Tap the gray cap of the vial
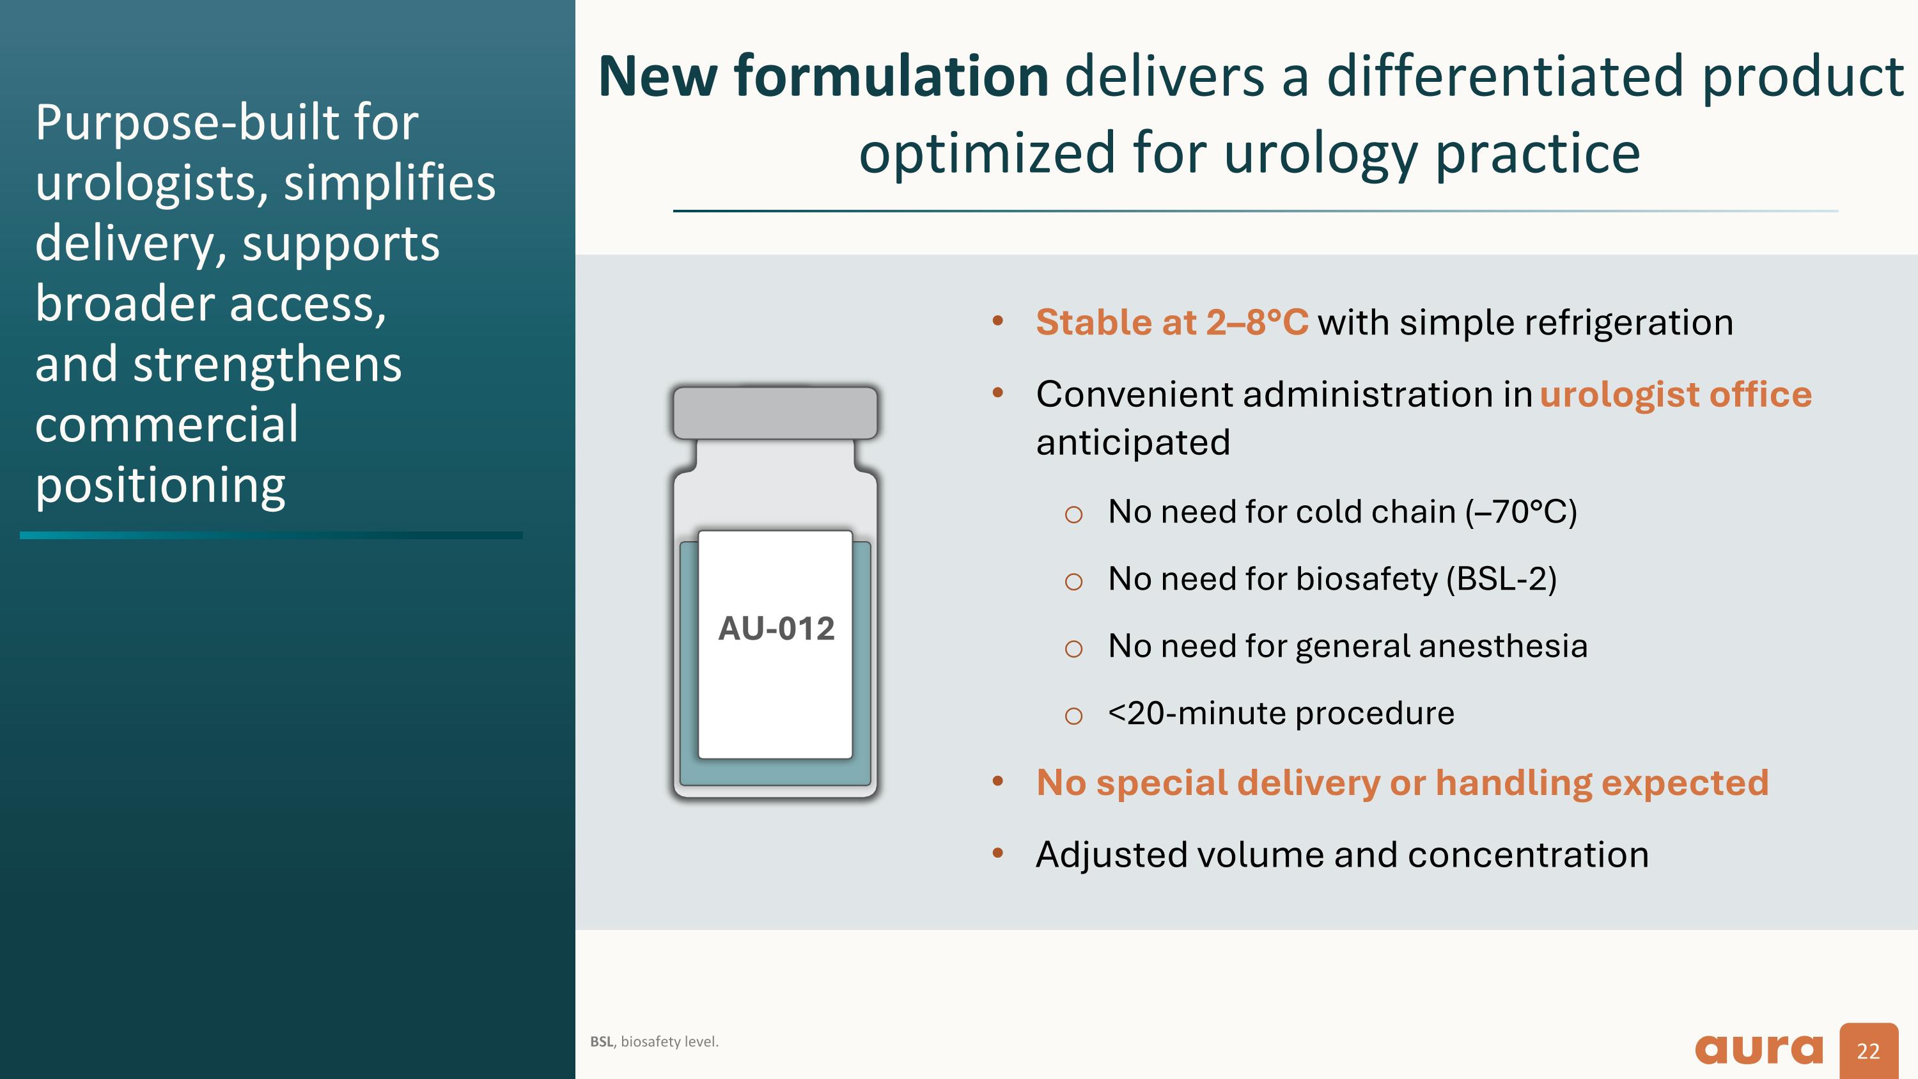point(775,412)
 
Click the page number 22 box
point(1868,1051)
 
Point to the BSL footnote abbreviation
point(602,1042)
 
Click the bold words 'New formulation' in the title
point(823,76)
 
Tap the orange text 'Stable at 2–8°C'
point(1171,322)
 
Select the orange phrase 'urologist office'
point(1675,395)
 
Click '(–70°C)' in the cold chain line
point(1520,512)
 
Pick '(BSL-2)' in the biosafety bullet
point(1501,579)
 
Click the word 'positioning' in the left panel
point(160,485)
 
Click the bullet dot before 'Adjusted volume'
point(998,853)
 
